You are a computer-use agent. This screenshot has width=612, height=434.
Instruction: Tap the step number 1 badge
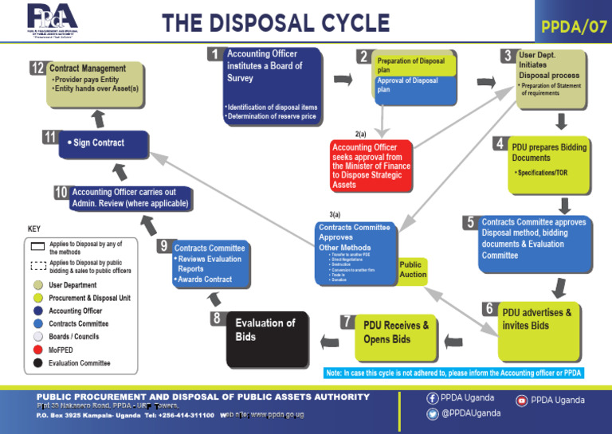click(215, 54)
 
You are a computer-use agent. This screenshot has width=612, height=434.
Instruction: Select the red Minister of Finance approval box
click(372, 166)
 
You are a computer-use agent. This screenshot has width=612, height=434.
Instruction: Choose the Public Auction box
click(412, 270)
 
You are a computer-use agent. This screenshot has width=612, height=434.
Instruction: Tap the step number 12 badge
click(37, 68)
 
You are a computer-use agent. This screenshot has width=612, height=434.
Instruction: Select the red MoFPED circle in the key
click(37, 350)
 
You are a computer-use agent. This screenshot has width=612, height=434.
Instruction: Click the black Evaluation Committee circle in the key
click(37, 363)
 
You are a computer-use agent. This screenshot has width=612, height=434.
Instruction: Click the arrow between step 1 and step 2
click(343, 80)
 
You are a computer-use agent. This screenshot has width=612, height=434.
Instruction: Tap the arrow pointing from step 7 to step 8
click(328, 342)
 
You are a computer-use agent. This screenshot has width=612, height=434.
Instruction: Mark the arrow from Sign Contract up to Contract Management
click(99, 118)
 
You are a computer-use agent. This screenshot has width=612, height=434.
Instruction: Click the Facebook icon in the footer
click(433, 398)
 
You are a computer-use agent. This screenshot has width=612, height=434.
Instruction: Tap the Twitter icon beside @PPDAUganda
click(433, 413)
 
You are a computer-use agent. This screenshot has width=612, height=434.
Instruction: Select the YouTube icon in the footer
click(522, 400)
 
